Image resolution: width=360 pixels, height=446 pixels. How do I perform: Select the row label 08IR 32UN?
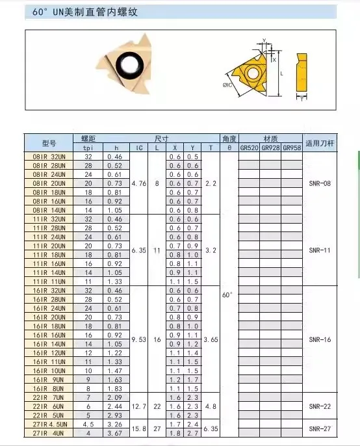click(49, 157)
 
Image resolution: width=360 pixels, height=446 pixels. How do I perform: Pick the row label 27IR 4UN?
click(49, 433)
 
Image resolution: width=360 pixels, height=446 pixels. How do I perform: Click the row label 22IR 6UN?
click(49, 406)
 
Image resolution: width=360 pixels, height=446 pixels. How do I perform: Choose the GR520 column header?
click(250, 148)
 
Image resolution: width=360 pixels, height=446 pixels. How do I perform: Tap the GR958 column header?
click(292, 148)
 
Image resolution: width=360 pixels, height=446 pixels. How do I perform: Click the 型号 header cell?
click(49, 143)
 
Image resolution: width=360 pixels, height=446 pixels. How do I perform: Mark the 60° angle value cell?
click(227, 295)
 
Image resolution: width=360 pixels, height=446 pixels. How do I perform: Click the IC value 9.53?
click(138, 339)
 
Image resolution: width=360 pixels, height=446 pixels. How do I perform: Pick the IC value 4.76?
click(138, 184)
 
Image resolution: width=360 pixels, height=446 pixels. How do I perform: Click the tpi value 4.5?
click(88, 424)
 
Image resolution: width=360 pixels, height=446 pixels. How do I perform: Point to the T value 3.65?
click(211, 339)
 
